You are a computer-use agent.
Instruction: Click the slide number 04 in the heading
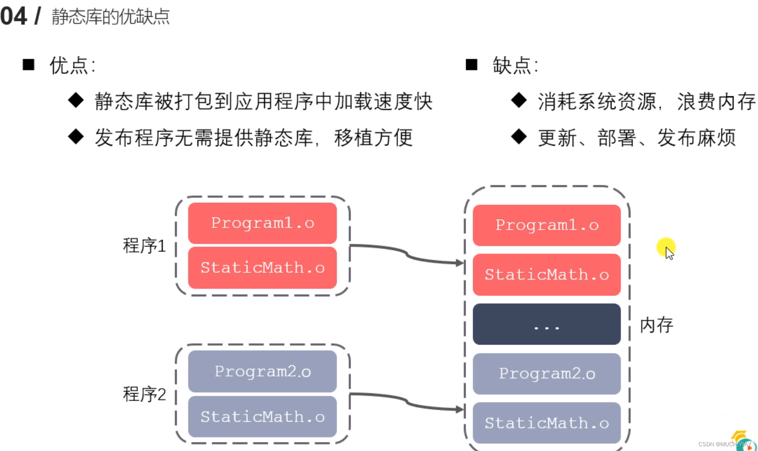14,16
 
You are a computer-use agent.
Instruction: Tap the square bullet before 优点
28,65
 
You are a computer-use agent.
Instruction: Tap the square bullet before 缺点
471,65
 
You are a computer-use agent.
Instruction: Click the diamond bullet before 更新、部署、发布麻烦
519,137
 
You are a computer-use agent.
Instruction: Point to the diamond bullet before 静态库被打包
76,100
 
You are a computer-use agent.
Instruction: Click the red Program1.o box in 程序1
262,223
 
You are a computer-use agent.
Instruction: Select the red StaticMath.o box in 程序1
262,267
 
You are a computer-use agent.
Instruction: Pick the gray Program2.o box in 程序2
262,371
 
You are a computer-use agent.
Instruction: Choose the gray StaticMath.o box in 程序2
262,417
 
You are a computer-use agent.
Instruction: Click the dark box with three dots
546,324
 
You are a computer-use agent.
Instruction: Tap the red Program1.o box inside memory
546,225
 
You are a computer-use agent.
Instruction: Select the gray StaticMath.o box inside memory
546,423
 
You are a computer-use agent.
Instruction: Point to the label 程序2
144,394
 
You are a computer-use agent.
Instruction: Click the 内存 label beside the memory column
656,325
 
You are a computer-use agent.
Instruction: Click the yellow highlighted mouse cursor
667,249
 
